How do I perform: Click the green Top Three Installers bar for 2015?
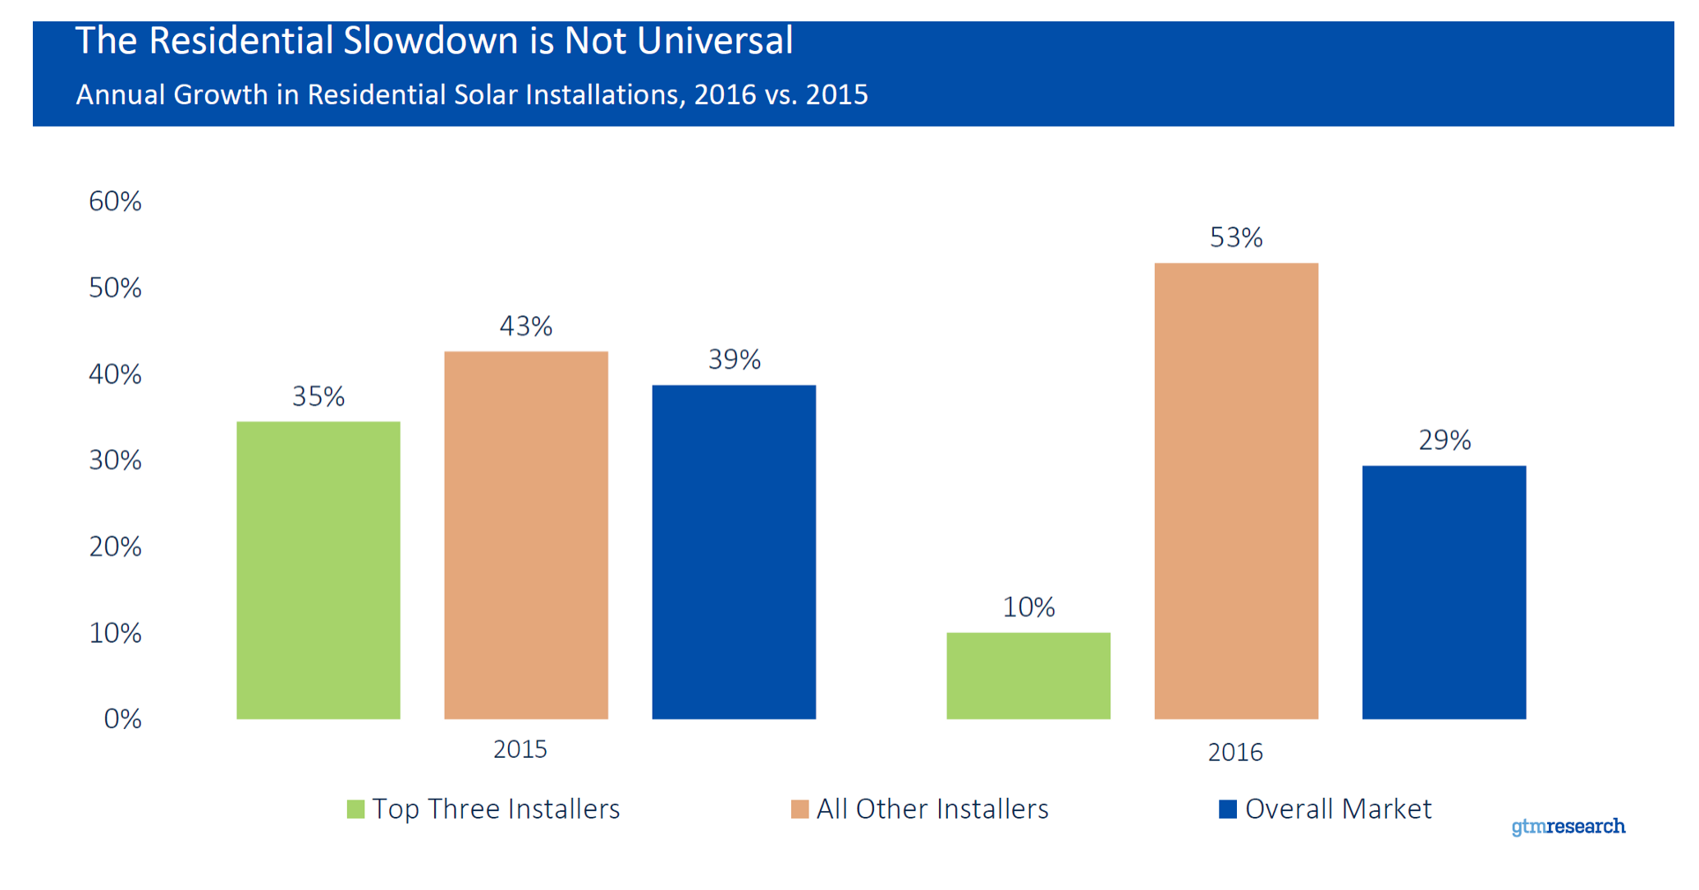point(318,571)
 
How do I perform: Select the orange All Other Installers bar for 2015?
point(526,535)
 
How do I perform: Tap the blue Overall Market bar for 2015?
point(734,552)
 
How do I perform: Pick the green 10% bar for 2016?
point(1028,676)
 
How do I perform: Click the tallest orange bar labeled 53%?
point(1236,491)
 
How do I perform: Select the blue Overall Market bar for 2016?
point(1444,592)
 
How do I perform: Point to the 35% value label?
point(318,397)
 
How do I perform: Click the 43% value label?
point(526,326)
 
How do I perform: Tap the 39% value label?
point(735,360)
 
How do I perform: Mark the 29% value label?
point(1445,440)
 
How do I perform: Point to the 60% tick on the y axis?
point(115,201)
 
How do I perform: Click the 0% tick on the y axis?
point(122,719)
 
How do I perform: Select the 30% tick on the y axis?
point(115,460)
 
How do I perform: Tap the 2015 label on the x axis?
point(520,749)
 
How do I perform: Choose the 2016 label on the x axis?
point(1235,752)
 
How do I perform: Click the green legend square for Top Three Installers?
point(355,810)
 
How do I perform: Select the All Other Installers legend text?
point(932,810)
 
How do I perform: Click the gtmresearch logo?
point(1568,826)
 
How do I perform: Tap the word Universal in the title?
point(715,41)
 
